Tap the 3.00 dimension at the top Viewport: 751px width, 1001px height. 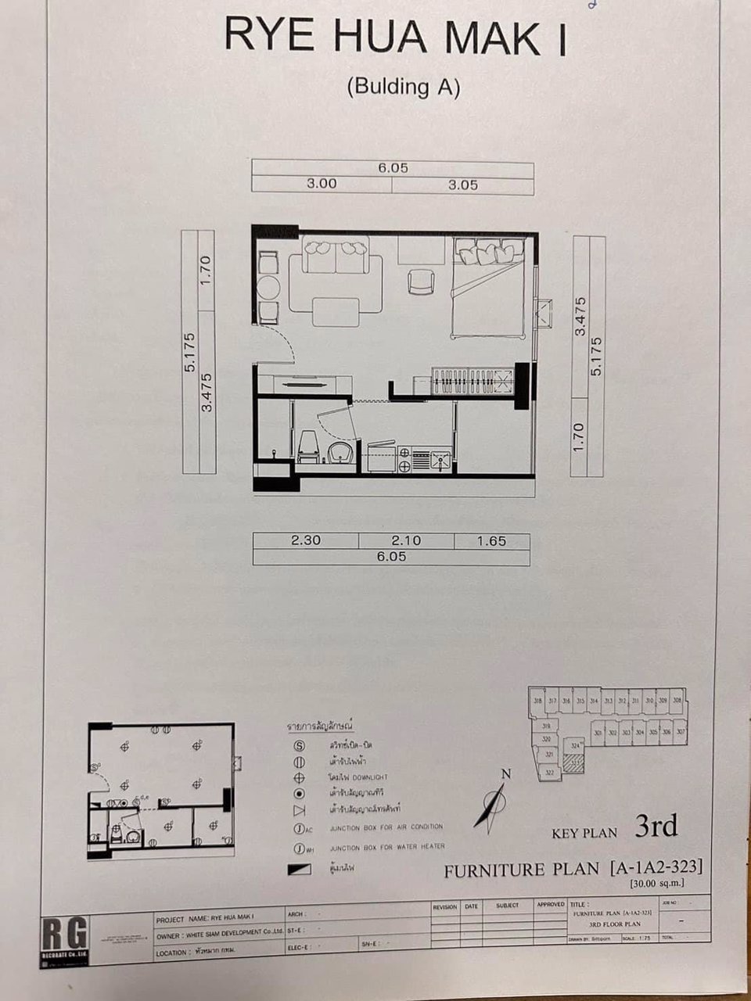pyautogui.click(x=321, y=185)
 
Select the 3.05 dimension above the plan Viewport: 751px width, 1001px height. pyautogui.click(x=462, y=185)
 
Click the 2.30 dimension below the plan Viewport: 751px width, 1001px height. pyautogui.click(x=306, y=540)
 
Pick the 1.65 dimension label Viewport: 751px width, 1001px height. pyautogui.click(x=491, y=540)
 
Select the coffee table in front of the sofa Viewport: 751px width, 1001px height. pyautogui.click(x=335, y=311)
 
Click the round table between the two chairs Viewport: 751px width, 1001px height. pyautogui.click(x=268, y=287)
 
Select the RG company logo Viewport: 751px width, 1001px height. pyautogui.click(x=64, y=938)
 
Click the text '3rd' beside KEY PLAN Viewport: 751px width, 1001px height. pyautogui.click(x=656, y=826)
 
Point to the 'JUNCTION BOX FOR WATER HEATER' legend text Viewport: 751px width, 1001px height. pyautogui.click(x=386, y=847)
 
